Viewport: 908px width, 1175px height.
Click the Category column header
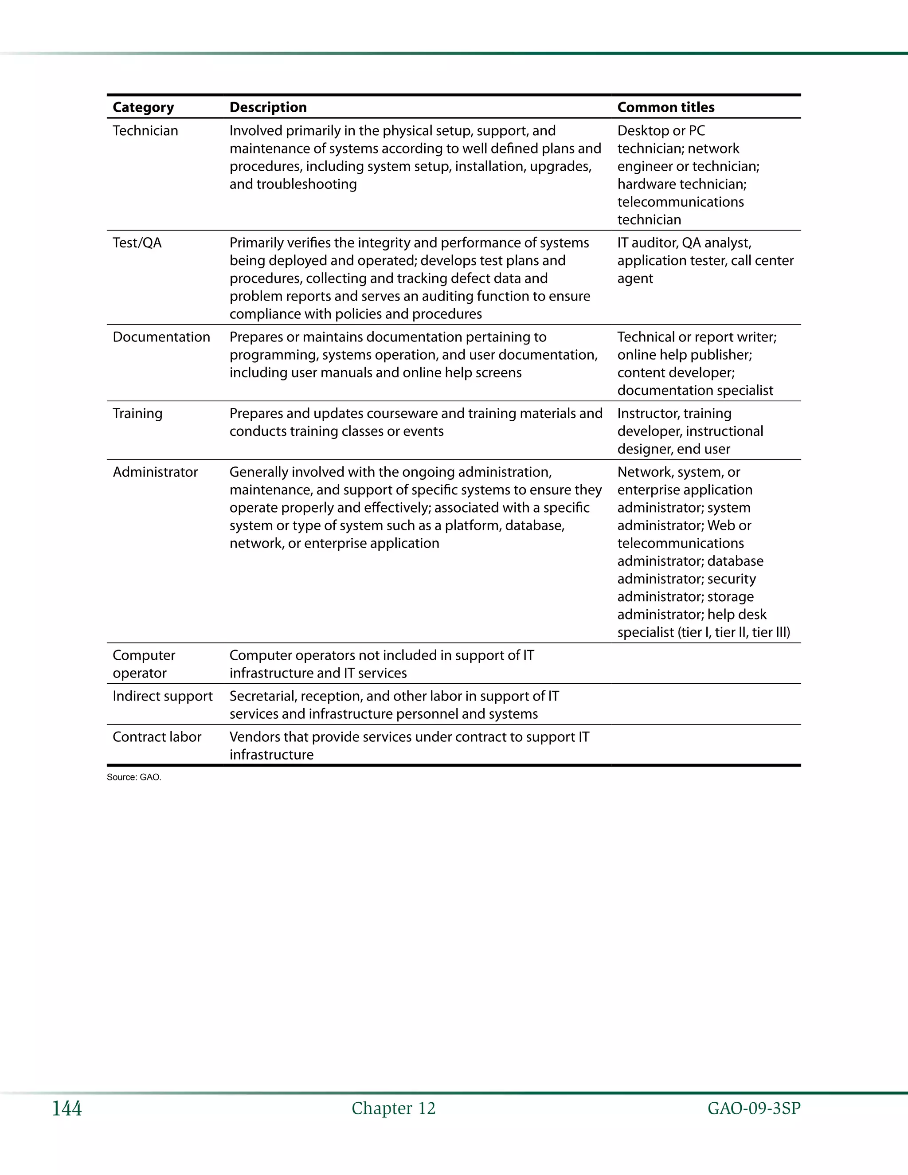pyautogui.click(x=143, y=107)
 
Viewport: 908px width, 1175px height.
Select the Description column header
pyautogui.click(x=268, y=107)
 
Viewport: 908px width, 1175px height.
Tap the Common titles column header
pyautogui.click(x=665, y=107)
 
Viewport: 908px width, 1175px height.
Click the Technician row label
pyautogui.click(x=145, y=131)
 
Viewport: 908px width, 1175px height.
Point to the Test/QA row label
pyautogui.click(x=137, y=243)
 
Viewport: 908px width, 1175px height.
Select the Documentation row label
pyautogui.click(x=161, y=337)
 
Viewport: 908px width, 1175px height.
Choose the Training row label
pyautogui.click(x=137, y=413)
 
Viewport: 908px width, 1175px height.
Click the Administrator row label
pyautogui.click(x=155, y=472)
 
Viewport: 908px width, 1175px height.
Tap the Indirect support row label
pyautogui.click(x=162, y=696)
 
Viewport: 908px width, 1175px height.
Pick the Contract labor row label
pyautogui.click(x=157, y=736)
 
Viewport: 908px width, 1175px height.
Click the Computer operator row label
pyautogui.click(x=144, y=664)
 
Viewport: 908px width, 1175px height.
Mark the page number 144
pyautogui.click(x=67, y=1108)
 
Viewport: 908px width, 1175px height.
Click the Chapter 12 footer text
pyautogui.click(x=393, y=1108)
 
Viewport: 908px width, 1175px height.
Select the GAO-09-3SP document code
pyautogui.click(x=754, y=1108)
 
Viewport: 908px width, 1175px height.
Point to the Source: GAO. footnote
pyautogui.click(x=134, y=777)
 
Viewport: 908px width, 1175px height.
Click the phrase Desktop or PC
pyautogui.click(x=661, y=131)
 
